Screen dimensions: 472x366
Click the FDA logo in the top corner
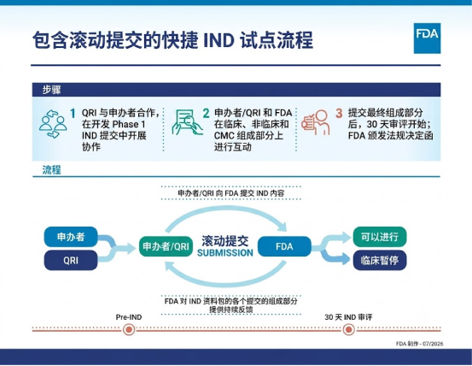click(x=427, y=38)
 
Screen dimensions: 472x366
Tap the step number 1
click(x=73, y=114)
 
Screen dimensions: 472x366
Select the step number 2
click(x=206, y=114)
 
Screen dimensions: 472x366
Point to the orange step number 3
click(x=339, y=114)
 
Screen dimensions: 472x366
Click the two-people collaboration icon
click(x=53, y=124)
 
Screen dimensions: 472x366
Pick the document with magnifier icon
click(x=187, y=122)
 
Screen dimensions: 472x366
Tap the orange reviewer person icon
click(x=316, y=122)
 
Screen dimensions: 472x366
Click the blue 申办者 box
click(x=71, y=237)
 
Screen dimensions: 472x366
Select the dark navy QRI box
click(x=71, y=260)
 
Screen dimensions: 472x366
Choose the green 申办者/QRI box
click(x=166, y=246)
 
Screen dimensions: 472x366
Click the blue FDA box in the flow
click(x=284, y=246)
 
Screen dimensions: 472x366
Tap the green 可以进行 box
click(x=380, y=237)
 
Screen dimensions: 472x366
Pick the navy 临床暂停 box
click(x=380, y=260)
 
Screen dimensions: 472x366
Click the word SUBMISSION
click(x=225, y=252)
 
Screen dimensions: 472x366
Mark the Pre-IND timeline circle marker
click(x=129, y=329)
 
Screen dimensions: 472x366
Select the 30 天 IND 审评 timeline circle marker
click(x=348, y=329)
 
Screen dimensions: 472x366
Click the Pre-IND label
click(x=129, y=317)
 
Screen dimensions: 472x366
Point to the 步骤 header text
click(x=51, y=90)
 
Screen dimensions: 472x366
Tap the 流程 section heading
click(x=51, y=169)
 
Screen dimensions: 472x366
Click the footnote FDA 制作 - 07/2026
click(x=420, y=344)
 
